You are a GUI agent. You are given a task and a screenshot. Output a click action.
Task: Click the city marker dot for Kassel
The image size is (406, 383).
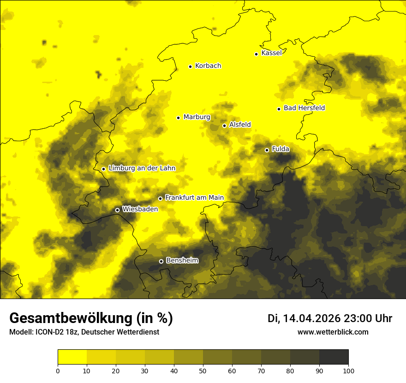(256, 54)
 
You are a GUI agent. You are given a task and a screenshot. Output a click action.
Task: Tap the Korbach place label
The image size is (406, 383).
(208, 66)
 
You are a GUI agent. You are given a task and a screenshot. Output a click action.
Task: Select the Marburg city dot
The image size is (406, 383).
(178, 118)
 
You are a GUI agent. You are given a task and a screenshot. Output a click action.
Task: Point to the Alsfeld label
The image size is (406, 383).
(240, 125)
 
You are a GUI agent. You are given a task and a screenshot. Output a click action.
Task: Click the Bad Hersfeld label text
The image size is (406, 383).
(304, 108)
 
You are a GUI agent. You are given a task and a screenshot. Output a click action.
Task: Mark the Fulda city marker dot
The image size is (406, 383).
(267, 150)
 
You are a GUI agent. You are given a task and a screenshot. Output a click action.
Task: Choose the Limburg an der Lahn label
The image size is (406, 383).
(142, 168)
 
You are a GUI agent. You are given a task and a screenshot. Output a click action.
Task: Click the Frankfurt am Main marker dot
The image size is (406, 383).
(160, 198)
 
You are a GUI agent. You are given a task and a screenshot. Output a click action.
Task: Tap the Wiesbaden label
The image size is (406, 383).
(140, 209)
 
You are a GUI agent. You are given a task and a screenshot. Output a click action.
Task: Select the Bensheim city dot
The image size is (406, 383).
(161, 261)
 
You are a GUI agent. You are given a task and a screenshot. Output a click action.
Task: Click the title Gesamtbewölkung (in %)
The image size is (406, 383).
(91, 318)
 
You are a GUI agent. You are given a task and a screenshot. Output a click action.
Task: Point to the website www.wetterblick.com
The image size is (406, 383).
(333, 332)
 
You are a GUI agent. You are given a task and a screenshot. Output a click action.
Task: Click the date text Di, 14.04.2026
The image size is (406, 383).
(304, 318)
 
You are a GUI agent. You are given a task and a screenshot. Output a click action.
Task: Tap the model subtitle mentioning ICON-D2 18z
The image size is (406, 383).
(84, 332)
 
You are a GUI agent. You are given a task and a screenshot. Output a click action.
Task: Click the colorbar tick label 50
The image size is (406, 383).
(203, 371)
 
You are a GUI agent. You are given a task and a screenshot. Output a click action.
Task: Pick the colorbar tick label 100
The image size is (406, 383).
(348, 371)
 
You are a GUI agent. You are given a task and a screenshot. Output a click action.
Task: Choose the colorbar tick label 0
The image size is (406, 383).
(58, 371)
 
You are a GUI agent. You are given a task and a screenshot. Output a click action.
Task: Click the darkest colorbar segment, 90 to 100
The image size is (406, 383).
(334, 357)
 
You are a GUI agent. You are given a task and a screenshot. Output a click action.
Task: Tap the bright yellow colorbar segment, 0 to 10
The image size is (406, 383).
(72, 357)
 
